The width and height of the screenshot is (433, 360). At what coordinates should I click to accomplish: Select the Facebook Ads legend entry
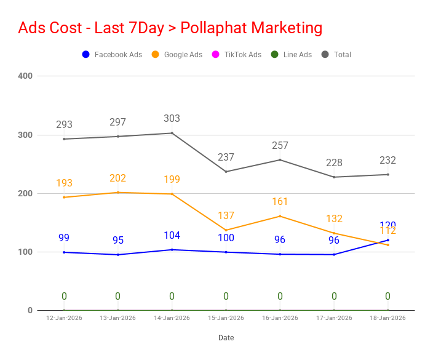point(112,54)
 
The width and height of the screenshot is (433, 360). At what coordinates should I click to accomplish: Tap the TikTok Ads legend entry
point(237,54)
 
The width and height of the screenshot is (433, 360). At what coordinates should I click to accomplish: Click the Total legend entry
point(336,54)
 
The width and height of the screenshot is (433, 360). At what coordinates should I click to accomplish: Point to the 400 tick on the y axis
point(25,76)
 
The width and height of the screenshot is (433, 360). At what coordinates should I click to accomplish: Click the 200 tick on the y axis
point(25,193)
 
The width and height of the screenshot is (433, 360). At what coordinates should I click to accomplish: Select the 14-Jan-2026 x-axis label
point(172,318)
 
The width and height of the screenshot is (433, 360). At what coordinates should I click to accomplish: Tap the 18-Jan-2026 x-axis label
point(387,318)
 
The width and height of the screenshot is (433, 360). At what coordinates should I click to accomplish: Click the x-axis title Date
point(226,338)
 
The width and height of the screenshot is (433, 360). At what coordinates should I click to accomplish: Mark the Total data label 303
point(172,118)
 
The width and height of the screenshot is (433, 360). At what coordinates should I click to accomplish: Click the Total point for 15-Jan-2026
point(226,172)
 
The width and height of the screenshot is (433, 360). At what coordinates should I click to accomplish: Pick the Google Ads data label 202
point(117,178)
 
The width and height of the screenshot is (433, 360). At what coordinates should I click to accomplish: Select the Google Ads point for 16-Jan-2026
point(280,216)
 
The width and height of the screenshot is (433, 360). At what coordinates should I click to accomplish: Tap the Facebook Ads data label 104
point(172,235)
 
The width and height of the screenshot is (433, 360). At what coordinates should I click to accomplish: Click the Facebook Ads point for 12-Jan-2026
point(64,252)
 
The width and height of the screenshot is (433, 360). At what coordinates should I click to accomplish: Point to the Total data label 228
point(334,162)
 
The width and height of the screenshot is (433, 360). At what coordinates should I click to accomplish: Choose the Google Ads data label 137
point(226,215)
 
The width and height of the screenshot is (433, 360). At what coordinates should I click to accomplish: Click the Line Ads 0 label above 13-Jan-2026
point(117,296)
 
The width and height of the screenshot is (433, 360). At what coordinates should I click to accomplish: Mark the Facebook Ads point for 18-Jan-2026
point(387,240)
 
